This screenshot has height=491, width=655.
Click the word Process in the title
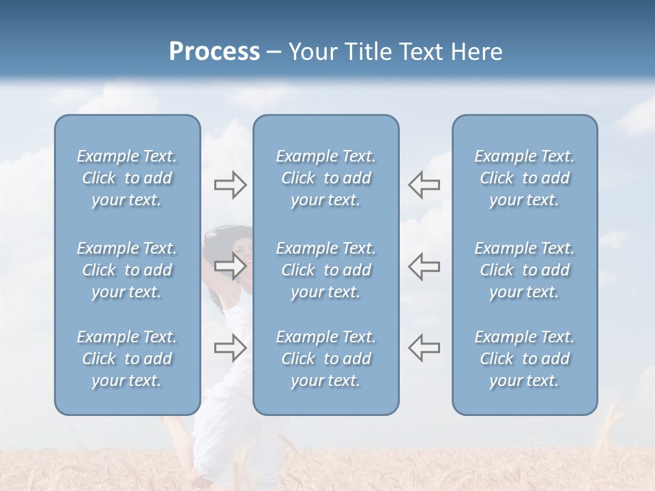click(214, 52)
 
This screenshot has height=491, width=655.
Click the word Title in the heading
click(370, 52)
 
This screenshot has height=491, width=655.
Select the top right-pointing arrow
click(230, 185)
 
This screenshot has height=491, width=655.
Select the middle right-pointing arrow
click(230, 266)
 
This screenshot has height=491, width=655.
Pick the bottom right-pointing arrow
click(230, 348)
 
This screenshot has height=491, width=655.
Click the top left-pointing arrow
click(424, 185)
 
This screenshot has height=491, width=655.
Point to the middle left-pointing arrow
click(424, 266)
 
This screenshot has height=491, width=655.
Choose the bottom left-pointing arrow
click(424, 348)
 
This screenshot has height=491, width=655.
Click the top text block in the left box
click(127, 178)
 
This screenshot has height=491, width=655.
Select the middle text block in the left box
click(127, 270)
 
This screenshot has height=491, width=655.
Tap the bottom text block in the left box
click(127, 359)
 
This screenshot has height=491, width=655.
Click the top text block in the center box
click(325, 178)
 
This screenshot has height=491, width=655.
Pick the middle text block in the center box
click(325, 270)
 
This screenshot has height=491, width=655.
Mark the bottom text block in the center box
click(325, 359)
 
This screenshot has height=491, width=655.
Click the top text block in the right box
click(524, 178)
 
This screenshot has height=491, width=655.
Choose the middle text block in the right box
click(524, 270)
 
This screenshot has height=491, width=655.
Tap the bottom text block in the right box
click(524, 359)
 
